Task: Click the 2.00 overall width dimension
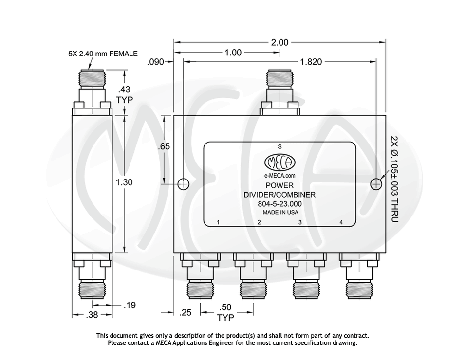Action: point(280,42)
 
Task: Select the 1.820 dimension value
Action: point(311,62)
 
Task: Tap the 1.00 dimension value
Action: point(233,53)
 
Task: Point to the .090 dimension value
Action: point(156,62)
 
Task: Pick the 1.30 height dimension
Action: point(124,182)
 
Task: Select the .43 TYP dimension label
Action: point(124,94)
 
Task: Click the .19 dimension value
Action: point(130,306)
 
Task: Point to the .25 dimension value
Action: point(186,313)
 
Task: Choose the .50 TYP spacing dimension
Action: point(225,312)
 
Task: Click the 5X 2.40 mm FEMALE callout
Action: point(103,54)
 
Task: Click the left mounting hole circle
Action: point(183,184)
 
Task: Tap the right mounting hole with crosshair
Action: point(376,184)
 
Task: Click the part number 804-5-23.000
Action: point(279,204)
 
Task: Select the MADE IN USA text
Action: point(279,212)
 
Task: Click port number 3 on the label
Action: point(300,222)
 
